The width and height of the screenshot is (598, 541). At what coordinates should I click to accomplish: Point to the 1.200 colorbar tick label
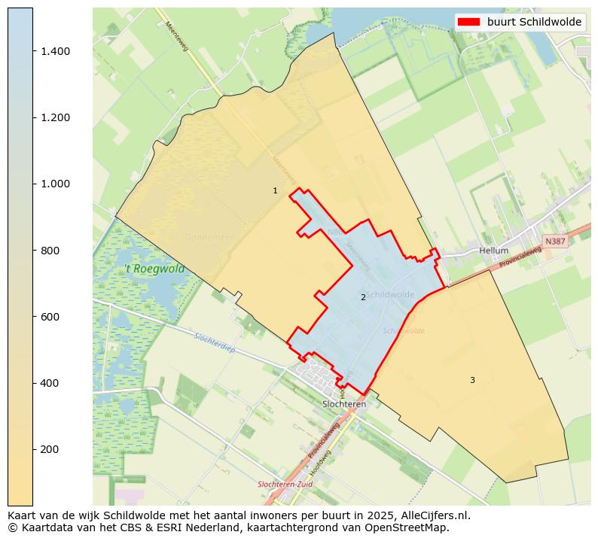pyautogui.click(x=55, y=117)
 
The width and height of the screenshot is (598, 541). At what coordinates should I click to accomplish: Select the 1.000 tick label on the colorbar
pyautogui.click(x=55, y=184)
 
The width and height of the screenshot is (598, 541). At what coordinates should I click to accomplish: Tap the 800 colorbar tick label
pyautogui.click(x=50, y=251)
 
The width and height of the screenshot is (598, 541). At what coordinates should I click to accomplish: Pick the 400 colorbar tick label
pyautogui.click(x=50, y=383)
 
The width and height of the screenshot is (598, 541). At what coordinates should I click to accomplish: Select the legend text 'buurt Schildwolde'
pyautogui.click(x=534, y=22)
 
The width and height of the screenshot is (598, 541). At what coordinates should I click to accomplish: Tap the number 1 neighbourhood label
pyautogui.click(x=275, y=191)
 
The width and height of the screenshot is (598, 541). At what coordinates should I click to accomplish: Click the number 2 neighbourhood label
pyautogui.click(x=363, y=298)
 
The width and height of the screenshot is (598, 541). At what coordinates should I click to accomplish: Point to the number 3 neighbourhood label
pyautogui.click(x=472, y=380)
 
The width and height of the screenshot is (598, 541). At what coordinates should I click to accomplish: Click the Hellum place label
pyautogui.click(x=493, y=251)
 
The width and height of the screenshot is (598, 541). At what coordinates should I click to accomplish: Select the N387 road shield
pyautogui.click(x=554, y=241)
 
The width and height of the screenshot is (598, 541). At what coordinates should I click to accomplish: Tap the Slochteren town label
pyautogui.click(x=344, y=404)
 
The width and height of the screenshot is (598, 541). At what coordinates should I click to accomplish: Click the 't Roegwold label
pyautogui.click(x=154, y=269)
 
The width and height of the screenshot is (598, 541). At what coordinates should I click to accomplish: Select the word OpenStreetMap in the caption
pyautogui.click(x=410, y=527)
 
